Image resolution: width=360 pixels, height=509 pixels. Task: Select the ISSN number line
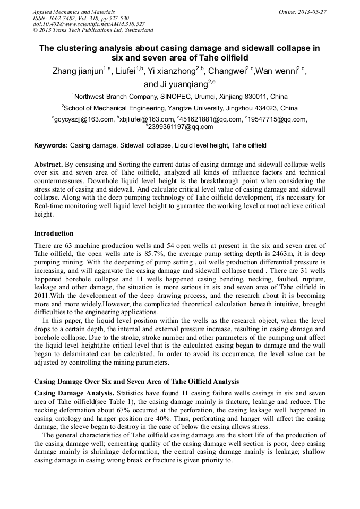[x=81, y=18]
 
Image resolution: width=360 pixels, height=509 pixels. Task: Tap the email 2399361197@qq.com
[x=181, y=127]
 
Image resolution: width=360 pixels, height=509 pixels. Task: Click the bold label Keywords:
[x=51, y=145]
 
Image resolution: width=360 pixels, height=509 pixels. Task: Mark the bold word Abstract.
[x=48, y=165]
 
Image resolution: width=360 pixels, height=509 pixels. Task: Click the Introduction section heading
[x=54, y=234]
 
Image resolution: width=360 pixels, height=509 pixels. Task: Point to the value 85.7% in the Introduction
[x=133, y=254]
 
